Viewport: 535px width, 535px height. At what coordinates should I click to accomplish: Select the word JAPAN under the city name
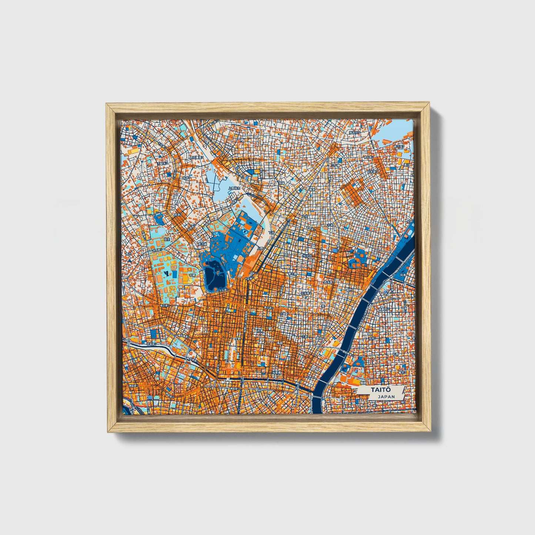pyautogui.click(x=386, y=397)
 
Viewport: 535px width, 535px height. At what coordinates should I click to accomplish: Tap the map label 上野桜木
pyautogui.click(x=234, y=188)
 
